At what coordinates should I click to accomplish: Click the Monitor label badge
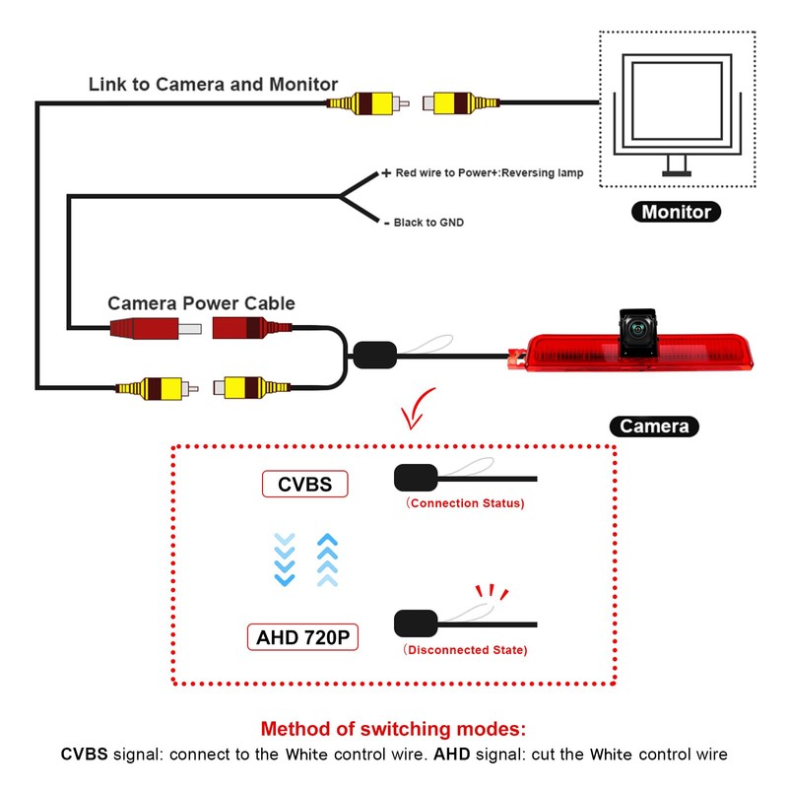tap(676, 212)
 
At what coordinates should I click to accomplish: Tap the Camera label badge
tap(654, 427)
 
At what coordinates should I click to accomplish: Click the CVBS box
tap(304, 484)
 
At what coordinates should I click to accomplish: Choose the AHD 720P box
tap(302, 636)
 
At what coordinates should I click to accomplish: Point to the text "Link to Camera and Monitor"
tap(213, 85)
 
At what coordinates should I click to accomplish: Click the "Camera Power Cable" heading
tap(201, 303)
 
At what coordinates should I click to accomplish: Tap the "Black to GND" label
tap(427, 223)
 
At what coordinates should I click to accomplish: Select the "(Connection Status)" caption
tap(465, 503)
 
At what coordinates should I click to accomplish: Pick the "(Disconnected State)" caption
tap(465, 650)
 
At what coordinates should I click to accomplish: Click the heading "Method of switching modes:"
tap(394, 730)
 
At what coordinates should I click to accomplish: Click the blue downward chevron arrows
tap(285, 558)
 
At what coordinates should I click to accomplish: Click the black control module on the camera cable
tap(374, 354)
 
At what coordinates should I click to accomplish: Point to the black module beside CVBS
tap(415, 478)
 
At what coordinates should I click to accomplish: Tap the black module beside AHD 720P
tap(415, 624)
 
